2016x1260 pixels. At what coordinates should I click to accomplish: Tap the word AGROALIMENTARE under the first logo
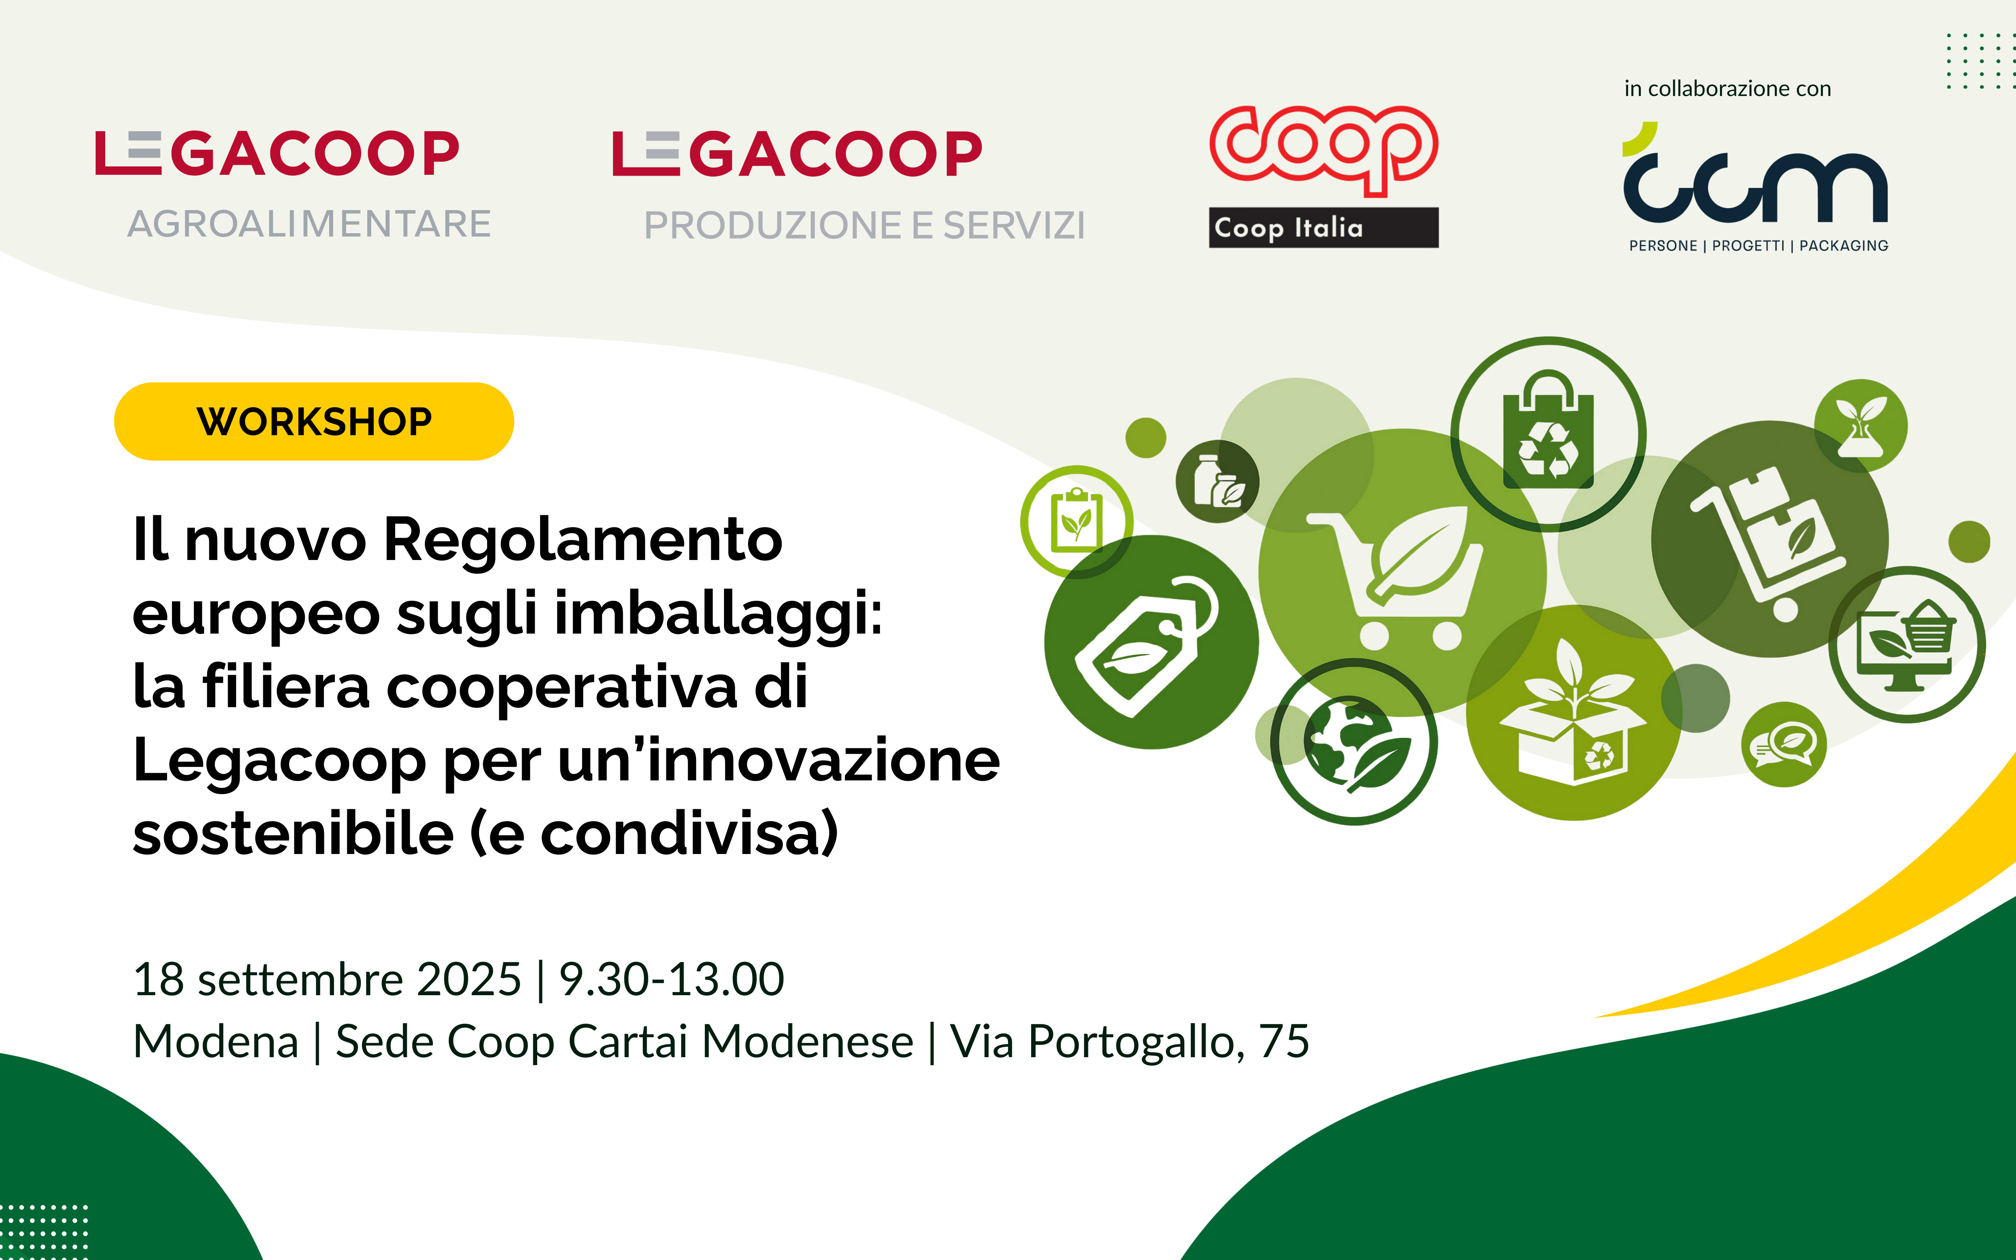(x=309, y=224)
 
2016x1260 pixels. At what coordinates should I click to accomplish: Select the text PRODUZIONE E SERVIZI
(x=865, y=225)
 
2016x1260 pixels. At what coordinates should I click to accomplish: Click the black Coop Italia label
(x=1324, y=228)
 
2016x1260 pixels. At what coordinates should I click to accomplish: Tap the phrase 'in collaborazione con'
(x=1728, y=88)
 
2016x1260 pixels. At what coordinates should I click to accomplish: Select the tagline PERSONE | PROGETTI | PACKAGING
(x=1758, y=246)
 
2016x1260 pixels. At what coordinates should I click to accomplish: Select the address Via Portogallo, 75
(x=1130, y=1042)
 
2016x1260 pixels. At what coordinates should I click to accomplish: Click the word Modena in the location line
(x=216, y=1042)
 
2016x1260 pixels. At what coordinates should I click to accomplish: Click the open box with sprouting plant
(x=1573, y=712)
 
